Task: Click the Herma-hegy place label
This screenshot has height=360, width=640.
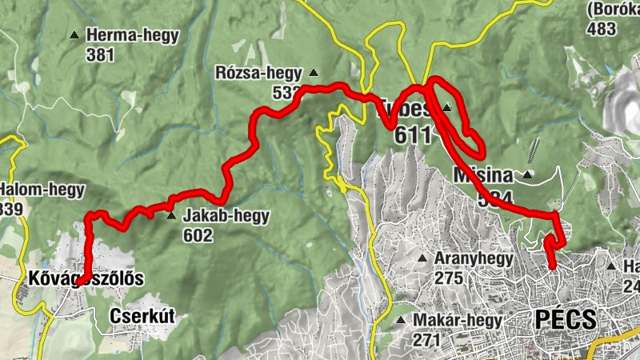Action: tap(133, 35)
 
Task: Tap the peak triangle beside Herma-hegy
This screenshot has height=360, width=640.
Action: tap(74, 35)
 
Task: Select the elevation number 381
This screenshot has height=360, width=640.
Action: tap(102, 54)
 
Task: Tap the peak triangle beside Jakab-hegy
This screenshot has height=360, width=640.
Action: tap(171, 216)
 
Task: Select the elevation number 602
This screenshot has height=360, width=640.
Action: tap(198, 235)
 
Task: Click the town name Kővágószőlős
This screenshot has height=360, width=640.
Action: tap(84, 279)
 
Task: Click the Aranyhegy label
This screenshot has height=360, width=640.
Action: tap(471, 258)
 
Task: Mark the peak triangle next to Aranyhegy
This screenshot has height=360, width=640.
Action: tap(422, 258)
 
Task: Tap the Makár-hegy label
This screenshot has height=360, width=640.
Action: tap(458, 321)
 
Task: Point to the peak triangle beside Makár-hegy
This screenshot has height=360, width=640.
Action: tap(402, 321)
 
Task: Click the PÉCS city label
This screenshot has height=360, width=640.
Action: tap(565, 319)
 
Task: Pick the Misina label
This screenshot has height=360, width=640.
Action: tap(486, 174)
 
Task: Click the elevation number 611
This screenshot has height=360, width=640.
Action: tap(413, 135)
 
